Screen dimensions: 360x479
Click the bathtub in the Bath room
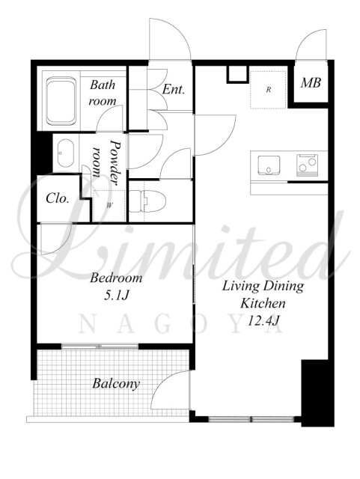[x=61, y=101]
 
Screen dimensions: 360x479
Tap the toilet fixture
[x=147, y=201]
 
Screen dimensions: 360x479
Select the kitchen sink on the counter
[x=269, y=165]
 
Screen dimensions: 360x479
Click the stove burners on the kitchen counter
[x=307, y=165]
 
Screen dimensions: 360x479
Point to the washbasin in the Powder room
[x=66, y=153]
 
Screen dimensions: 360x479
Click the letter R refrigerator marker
[x=269, y=90]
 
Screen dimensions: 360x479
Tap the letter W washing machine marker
[x=109, y=205]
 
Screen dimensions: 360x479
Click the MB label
[x=311, y=83]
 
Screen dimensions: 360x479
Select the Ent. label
[x=174, y=89]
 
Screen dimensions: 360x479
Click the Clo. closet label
[x=58, y=198]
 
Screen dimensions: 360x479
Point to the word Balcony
[x=116, y=384]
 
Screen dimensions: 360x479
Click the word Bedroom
[x=116, y=278]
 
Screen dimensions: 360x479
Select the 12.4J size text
[x=263, y=321]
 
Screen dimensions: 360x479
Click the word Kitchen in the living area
[x=263, y=304]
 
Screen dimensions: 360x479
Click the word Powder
[x=115, y=162]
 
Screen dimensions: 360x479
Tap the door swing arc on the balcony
[x=162, y=382]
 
